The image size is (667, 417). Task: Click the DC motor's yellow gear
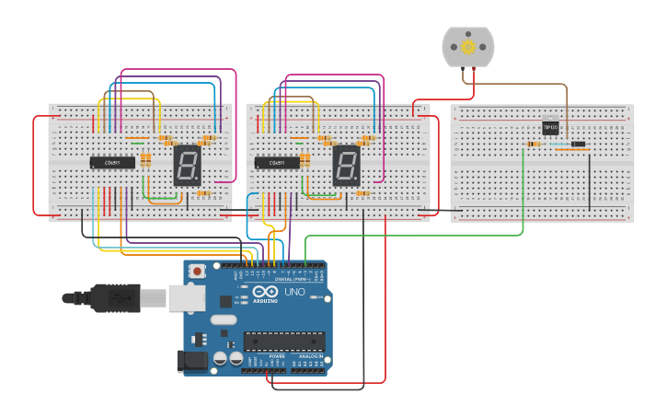point(468,46)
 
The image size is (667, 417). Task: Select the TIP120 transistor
point(551,128)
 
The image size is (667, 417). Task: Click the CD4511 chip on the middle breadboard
point(277,163)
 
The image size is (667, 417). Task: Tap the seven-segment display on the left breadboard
point(188,165)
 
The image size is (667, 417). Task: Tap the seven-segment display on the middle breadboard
point(346,165)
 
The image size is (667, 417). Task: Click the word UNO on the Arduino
point(293,293)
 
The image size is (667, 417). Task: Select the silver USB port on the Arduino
point(185,296)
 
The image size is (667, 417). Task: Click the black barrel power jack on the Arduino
point(191,360)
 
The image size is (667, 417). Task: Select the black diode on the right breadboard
point(578,145)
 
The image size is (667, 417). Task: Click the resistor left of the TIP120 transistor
point(533,145)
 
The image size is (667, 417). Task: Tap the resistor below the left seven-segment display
point(205,193)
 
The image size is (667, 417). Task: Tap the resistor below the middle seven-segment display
point(363,193)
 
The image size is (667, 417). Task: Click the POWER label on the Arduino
point(263,355)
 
